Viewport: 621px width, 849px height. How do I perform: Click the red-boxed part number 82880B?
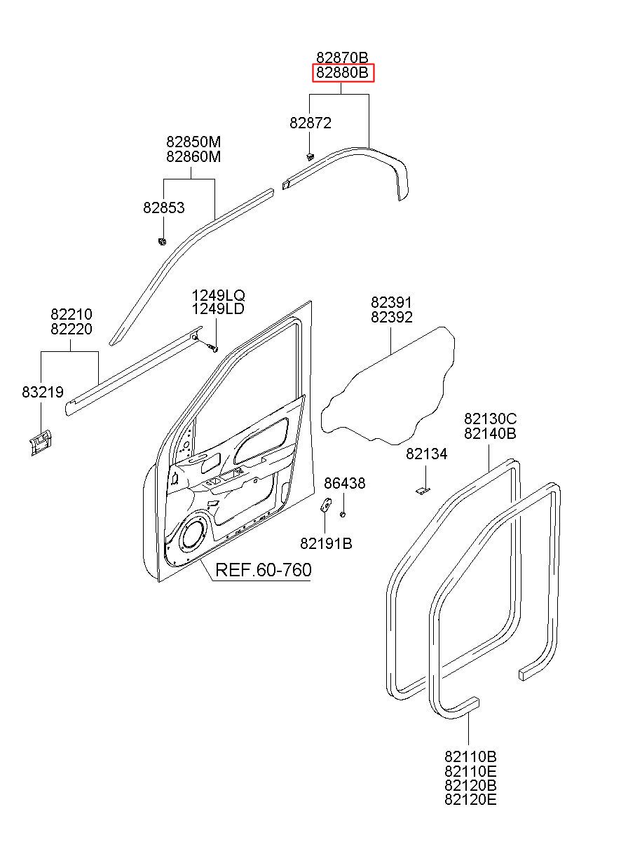point(343,72)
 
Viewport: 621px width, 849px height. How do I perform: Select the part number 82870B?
point(343,57)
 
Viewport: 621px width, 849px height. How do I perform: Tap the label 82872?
point(310,123)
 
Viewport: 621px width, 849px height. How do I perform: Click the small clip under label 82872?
point(310,156)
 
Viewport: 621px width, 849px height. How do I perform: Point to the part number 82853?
point(164,208)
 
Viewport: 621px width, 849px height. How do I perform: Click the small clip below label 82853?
point(162,241)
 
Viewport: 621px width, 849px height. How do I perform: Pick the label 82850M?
point(193,142)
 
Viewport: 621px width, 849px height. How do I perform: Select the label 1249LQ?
point(218,295)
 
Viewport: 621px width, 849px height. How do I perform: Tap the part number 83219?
point(43,392)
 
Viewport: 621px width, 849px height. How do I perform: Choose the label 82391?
point(391,302)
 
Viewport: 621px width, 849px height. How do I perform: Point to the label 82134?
point(427,454)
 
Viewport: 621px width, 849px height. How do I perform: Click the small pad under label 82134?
point(423,491)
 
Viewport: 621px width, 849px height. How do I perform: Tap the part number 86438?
point(345,483)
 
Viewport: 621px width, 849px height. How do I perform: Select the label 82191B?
point(326,544)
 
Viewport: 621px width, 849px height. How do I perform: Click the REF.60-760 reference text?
point(264,570)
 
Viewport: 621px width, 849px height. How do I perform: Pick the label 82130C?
point(491,419)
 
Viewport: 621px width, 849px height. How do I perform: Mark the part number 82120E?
point(470,799)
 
